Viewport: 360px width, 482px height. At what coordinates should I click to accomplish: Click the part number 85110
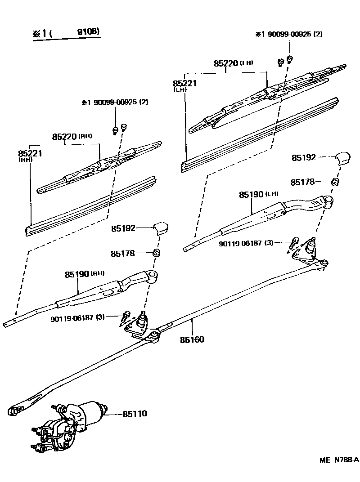(x=135, y=413)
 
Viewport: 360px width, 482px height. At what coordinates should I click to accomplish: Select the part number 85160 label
(x=192, y=339)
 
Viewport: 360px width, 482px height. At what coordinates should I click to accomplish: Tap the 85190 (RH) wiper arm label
(x=78, y=274)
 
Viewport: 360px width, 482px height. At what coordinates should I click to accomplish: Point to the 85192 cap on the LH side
(x=343, y=158)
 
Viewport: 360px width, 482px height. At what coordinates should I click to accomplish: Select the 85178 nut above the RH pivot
(x=157, y=253)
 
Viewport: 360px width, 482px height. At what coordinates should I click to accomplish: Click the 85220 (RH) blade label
(x=65, y=136)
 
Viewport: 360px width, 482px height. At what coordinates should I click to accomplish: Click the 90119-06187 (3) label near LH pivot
(x=246, y=243)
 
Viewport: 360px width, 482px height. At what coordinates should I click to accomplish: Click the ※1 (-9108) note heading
(x=66, y=33)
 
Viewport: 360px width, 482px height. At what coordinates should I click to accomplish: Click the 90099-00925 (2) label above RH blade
(x=115, y=102)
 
